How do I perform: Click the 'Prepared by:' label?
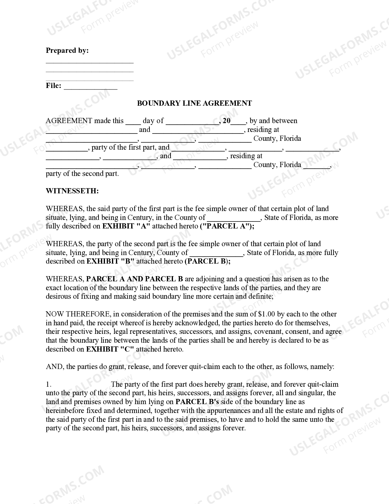[67, 50]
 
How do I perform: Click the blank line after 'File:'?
[91, 86]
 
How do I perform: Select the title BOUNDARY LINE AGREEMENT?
[194, 103]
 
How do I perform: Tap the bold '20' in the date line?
[226, 121]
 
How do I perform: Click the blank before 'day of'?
[133, 122]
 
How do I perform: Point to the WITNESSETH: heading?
[72, 191]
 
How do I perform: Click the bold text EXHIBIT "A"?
[126, 226]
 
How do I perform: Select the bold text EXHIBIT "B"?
[110, 261]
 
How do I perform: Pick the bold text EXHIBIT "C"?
[110, 349]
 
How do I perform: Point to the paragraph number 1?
[49, 384]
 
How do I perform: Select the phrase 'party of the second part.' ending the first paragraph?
[82, 173]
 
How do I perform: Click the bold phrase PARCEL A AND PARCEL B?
[135, 279]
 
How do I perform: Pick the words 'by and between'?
[273, 121]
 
